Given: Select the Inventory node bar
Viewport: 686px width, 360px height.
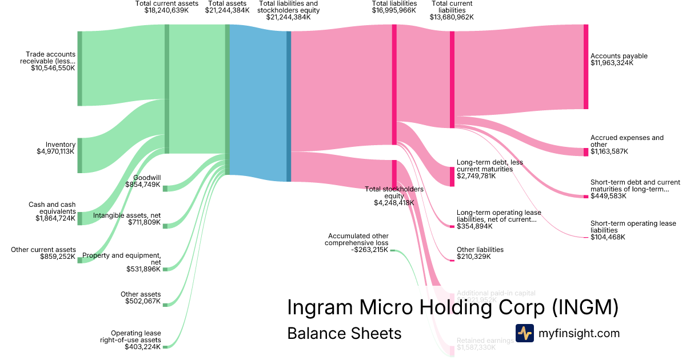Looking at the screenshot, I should [79, 155].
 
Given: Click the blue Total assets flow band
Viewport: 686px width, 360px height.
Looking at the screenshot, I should [258, 103].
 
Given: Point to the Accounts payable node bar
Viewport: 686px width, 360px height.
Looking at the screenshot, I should [585, 66].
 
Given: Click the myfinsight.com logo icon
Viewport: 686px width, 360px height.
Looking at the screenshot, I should [524, 333].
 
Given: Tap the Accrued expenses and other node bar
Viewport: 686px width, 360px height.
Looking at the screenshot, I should [585, 151].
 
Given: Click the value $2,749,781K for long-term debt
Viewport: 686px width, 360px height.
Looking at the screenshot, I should [476, 176].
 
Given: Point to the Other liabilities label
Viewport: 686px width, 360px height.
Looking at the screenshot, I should [480, 250].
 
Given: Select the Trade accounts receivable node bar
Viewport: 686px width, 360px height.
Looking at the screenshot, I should [79, 69].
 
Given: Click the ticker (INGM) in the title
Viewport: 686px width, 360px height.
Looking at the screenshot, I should [585, 307].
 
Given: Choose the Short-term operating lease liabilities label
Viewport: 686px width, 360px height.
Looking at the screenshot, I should [633, 227].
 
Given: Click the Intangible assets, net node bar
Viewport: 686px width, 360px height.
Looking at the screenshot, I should [165, 226].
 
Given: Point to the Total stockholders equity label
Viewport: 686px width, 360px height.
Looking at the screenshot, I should [394, 192].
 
